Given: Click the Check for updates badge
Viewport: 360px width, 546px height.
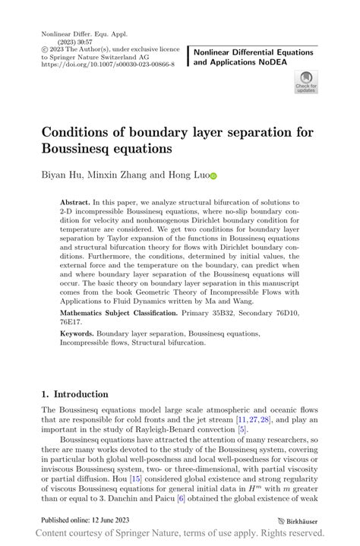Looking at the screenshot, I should coord(305,82).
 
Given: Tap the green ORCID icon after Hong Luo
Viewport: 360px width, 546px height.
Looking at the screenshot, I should coord(213,175).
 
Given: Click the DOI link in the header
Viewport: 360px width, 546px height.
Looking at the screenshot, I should coord(107,65).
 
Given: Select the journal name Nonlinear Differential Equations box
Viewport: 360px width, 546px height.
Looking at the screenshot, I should coord(254,57).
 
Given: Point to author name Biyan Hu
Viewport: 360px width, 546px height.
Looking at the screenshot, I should coord(63,175).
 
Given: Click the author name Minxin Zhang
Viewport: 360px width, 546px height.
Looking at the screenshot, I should coord(117,175).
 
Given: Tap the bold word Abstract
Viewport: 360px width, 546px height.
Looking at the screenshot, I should coord(74,204).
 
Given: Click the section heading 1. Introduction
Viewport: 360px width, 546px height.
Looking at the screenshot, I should coord(74,394).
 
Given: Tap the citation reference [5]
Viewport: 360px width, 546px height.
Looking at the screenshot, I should coord(242,430).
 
